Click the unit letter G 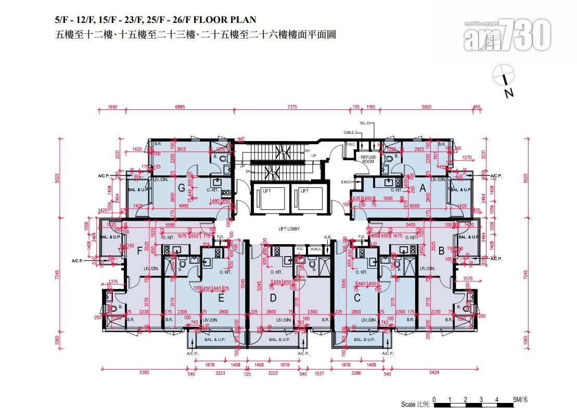coord(182,188)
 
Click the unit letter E coord(221,298)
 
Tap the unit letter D coord(273,298)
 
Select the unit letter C coord(357,298)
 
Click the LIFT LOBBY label coord(289,229)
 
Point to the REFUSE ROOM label coord(368,159)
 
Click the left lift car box coord(267,198)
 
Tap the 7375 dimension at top coord(292,107)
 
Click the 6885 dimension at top coord(179,107)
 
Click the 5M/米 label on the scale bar coord(520,400)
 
